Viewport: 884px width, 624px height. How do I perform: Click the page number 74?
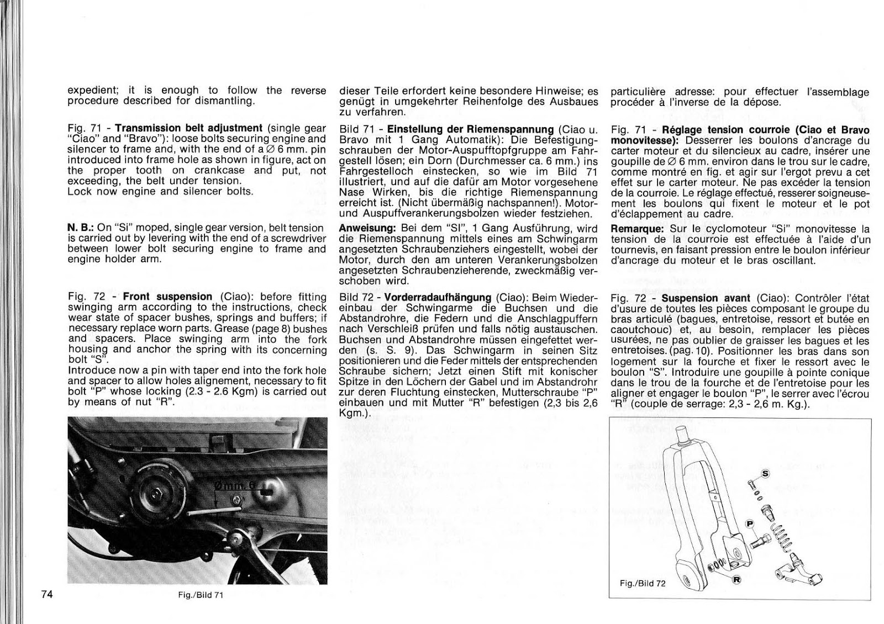pyautogui.click(x=46, y=594)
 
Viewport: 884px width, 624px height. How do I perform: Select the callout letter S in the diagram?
pyautogui.click(x=765, y=473)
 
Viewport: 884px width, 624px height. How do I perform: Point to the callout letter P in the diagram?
pyautogui.click(x=750, y=523)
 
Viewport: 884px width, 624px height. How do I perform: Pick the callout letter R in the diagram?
pyautogui.click(x=736, y=580)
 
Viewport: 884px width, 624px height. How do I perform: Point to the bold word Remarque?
pyautogui.click(x=638, y=229)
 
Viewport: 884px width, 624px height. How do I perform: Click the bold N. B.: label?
pyautogui.click(x=81, y=228)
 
